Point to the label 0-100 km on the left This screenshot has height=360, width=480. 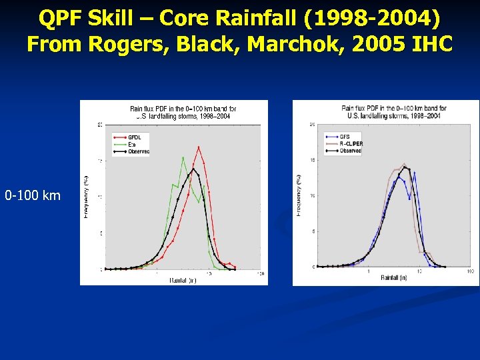tap(33, 195)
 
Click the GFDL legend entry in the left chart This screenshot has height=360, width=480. tap(135, 137)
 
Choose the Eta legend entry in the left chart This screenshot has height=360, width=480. tap(133, 144)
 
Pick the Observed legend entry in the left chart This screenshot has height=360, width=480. tap(139, 151)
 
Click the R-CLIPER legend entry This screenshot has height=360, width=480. tap(351, 143)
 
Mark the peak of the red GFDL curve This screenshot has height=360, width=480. tap(199, 147)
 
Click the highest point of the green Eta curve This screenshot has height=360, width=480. tap(183, 157)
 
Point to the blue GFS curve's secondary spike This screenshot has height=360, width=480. tap(415, 173)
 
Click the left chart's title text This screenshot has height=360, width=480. tap(182, 111)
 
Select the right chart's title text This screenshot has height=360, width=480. tap(394, 111)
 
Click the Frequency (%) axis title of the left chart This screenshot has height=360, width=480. tap(85, 196)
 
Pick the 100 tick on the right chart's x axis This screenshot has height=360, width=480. tap(470, 271)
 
